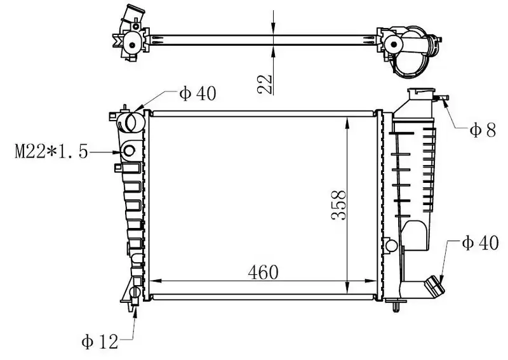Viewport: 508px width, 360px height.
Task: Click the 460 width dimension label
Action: click(263, 272)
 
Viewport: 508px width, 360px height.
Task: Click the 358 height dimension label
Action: click(339, 205)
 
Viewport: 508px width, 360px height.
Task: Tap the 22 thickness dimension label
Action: click(265, 84)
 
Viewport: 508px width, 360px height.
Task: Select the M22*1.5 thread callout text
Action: click(51, 151)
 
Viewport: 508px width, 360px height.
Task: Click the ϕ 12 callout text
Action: click(100, 342)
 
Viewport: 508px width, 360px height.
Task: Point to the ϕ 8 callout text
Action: click(483, 131)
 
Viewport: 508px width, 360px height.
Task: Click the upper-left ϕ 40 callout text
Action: click(197, 93)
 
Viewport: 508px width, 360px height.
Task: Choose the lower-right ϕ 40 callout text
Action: click(480, 243)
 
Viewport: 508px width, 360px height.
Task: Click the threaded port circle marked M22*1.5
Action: click(129, 150)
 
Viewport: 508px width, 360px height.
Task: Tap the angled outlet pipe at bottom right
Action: click(434, 285)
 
